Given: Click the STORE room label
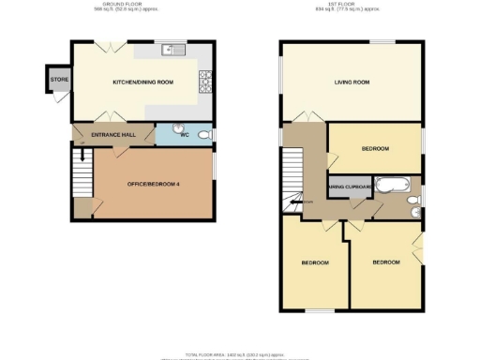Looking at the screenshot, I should click(x=58, y=79).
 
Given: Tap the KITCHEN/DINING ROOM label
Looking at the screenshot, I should click(x=143, y=83).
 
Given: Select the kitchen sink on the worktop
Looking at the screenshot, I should click(x=168, y=50).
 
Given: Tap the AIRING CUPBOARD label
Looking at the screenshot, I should click(x=348, y=187).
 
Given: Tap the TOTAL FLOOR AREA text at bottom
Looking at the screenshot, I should click(x=240, y=355).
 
